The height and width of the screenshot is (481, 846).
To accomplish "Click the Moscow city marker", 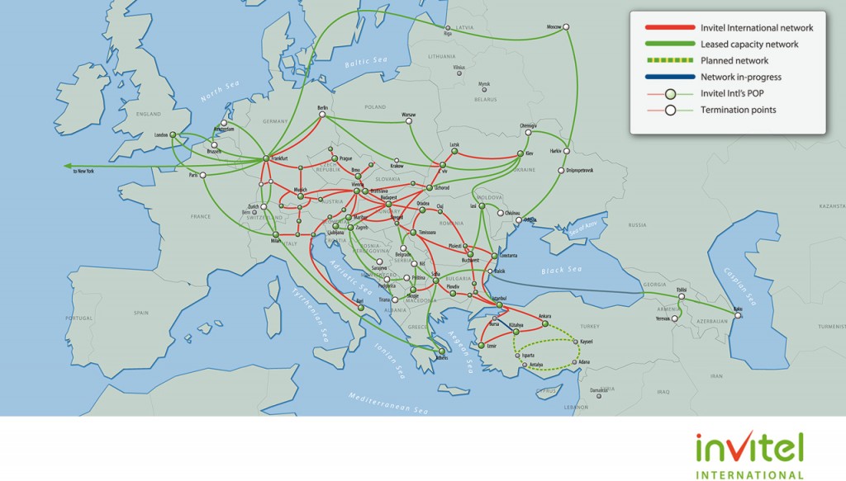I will click(x=568, y=27).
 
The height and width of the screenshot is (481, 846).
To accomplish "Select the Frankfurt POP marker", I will click(x=267, y=158).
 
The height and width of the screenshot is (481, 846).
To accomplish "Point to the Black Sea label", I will click(x=562, y=271).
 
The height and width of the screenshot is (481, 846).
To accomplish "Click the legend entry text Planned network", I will click(x=734, y=61).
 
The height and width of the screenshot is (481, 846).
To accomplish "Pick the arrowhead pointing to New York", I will click(x=67, y=166).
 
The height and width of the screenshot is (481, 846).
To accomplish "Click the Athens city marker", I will click(x=441, y=351).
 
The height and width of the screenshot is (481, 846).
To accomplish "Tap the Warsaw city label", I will click(x=408, y=113).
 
